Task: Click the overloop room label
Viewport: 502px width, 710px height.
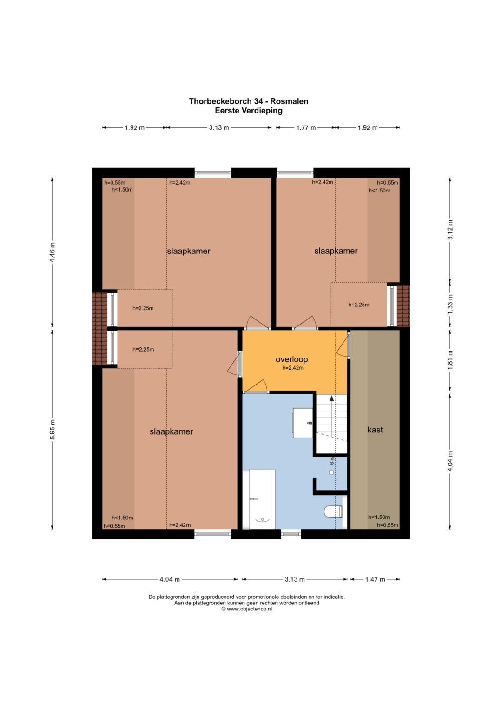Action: [x=291, y=359]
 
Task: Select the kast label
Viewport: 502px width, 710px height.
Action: [x=375, y=430]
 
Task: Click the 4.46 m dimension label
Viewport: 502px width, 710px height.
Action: [x=53, y=252]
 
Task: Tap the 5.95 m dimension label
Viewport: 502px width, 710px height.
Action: [x=53, y=429]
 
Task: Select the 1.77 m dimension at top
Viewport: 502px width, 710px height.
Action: [x=306, y=128]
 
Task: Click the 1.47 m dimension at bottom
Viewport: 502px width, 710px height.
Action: [x=375, y=579]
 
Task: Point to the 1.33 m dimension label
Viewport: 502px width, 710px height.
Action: [x=450, y=304]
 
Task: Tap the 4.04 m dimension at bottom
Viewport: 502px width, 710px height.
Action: [x=170, y=579]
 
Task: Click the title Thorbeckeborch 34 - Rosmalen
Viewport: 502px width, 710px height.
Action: [x=249, y=101]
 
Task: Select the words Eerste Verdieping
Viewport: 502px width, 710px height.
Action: [x=249, y=111]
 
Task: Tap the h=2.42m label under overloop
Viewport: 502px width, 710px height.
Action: [x=293, y=368]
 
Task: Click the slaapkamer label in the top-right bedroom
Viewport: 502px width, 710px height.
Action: [x=336, y=251]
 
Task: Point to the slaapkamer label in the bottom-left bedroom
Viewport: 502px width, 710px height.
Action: [x=171, y=431]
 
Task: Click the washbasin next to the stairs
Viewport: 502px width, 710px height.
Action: [x=303, y=423]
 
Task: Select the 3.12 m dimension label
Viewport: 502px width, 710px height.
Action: [x=450, y=230]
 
